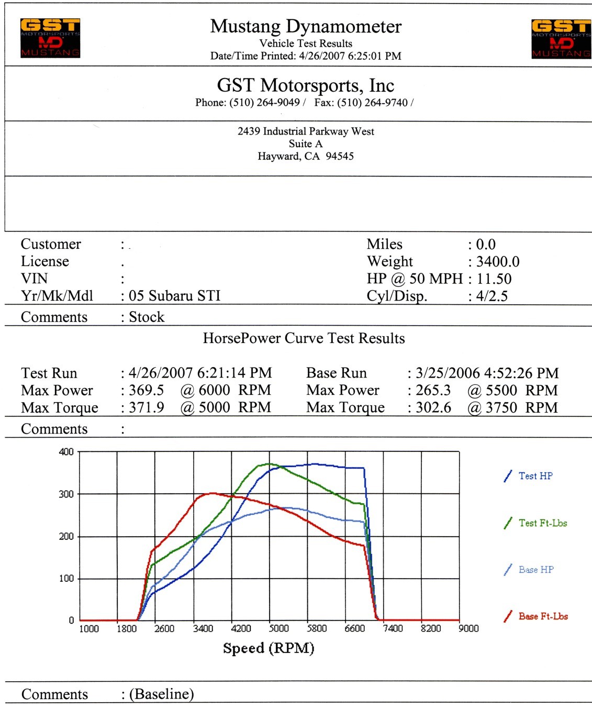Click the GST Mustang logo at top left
50,38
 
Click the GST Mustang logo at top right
561,39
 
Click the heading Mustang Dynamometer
306,26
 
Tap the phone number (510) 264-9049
264,103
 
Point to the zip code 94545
340,156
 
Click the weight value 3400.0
497,261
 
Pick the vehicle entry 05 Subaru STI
174,296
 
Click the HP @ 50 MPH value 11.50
494,279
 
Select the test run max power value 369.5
146,390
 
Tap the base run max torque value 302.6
433,407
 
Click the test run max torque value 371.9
146,407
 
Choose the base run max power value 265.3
433,390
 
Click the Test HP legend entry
535,476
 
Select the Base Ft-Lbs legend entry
543,616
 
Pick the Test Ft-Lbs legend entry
542,523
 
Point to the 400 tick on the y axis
66,452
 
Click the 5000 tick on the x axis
278,628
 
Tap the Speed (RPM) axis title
269,648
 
